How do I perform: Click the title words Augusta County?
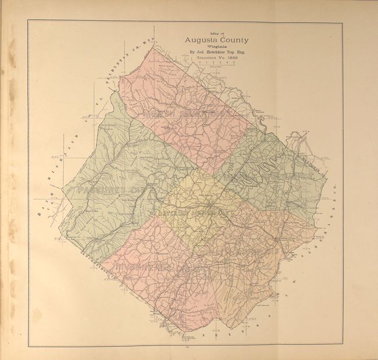pos(217,40)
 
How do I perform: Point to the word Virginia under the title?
pos(216,47)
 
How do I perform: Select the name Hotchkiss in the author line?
pos(217,54)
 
